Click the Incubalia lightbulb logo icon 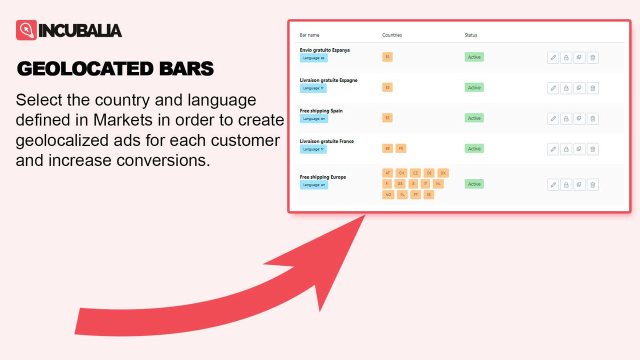pos(26,30)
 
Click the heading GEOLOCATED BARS pos(115,69)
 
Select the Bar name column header pos(309,35)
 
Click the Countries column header pos(392,35)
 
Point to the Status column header pos(471,35)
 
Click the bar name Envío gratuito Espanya pos(324,50)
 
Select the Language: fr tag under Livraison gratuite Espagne pos(313,88)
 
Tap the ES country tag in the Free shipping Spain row pos(387,118)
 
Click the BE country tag pos(387,148)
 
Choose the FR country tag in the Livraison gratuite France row pos(401,148)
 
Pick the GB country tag pos(400,183)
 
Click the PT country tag pos(415,195)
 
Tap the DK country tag pos(443,173)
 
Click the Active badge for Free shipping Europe pos(474,184)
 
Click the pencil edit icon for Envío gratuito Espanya pos(553,57)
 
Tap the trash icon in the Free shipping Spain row pos(592,118)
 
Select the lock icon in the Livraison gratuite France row pos(566,149)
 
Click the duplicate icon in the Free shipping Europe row pos(579,184)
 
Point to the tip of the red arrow pos(365,216)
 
